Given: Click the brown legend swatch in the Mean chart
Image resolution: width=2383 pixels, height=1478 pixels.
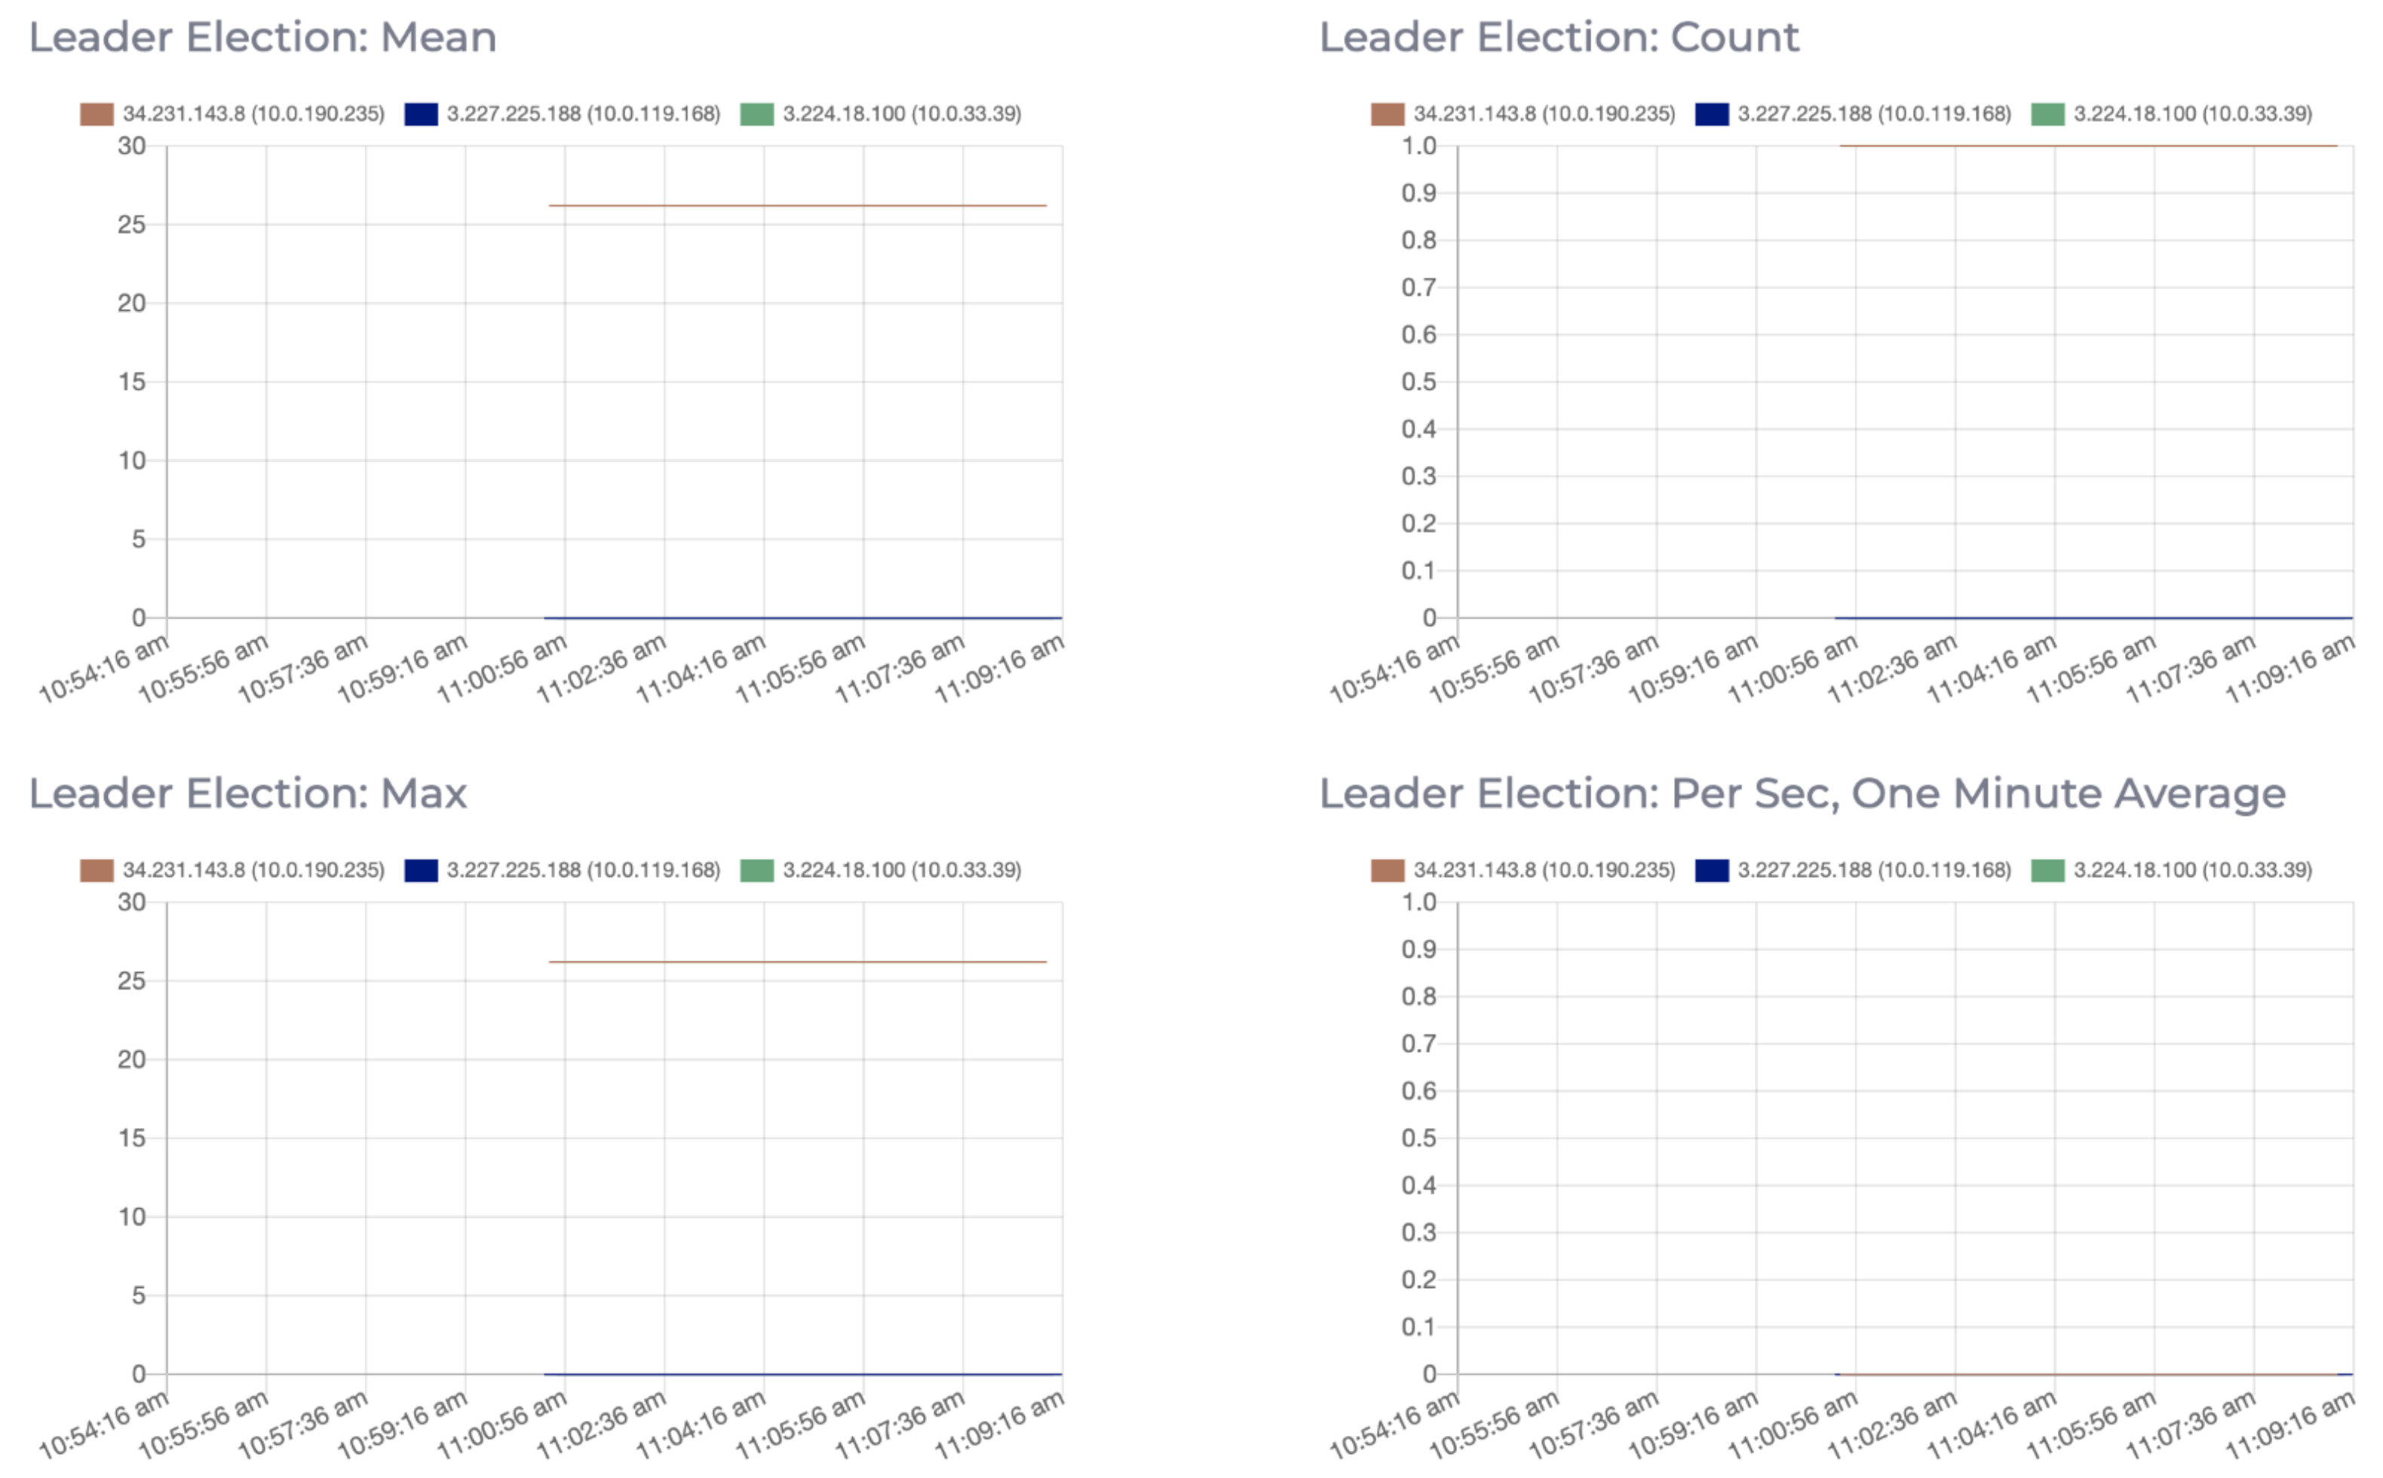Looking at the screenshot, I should (x=97, y=115).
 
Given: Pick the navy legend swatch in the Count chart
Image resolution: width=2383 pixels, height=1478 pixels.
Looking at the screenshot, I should (x=1712, y=115).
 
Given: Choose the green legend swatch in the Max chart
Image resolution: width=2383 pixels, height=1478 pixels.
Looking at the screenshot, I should (x=756, y=870).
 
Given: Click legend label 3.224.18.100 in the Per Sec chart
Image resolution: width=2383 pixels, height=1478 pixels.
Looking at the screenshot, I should (x=2192, y=870).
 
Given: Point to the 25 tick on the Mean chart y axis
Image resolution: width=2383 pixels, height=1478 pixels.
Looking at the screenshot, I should (x=132, y=225).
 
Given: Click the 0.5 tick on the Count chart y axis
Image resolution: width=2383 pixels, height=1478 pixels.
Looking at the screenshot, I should (x=1418, y=382).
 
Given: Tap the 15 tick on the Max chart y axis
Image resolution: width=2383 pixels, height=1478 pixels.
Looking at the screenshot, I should (x=132, y=1138).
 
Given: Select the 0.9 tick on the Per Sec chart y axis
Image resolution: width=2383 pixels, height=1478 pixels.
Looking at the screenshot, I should (x=1418, y=949).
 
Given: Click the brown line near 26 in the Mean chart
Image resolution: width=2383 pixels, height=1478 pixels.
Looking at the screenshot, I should (x=796, y=205).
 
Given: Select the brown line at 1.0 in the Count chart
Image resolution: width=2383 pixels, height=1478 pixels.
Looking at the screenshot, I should (x=2087, y=146).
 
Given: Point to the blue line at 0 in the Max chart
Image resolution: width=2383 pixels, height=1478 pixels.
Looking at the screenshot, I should (x=802, y=1375).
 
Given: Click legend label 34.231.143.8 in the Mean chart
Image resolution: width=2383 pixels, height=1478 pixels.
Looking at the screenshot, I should (x=253, y=115).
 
